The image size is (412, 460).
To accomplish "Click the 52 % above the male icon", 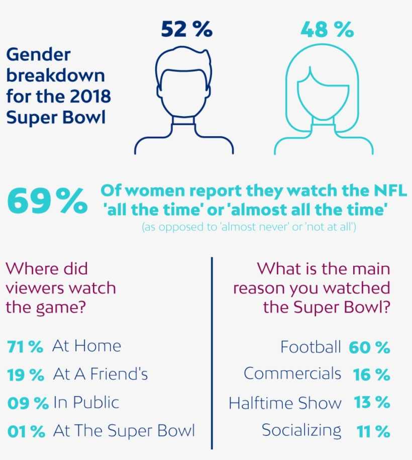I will click(x=187, y=30).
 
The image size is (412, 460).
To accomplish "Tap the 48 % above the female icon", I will click(x=327, y=30).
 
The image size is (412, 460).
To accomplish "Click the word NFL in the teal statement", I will click(x=389, y=191).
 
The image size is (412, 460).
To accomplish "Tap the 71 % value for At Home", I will click(x=25, y=346).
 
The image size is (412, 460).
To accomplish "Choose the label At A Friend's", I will click(x=100, y=375).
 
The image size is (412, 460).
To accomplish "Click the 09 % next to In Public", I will click(x=28, y=403).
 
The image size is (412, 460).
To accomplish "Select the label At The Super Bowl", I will click(x=123, y=431).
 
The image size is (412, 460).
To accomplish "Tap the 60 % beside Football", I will click(x=369, y=347).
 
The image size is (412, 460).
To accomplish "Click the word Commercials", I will click(x=292, y=374).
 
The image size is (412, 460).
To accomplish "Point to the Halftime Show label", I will click(x=285, y=403).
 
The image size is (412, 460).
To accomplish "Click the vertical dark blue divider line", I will click(x=212, y=352).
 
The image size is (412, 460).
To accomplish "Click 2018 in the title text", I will click(x=89, y=96).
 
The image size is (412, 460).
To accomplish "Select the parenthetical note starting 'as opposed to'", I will click(x=249, y=227).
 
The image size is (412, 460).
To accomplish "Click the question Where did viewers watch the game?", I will click(x=60, y=288).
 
